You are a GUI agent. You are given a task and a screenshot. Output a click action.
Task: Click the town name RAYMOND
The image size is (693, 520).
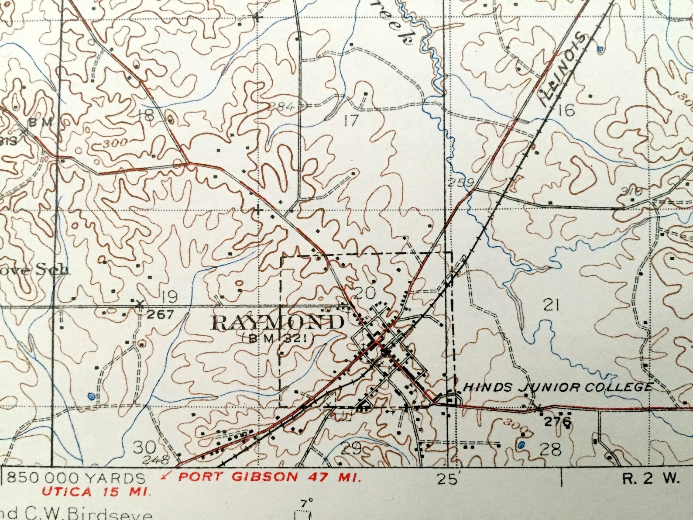coord(278,323)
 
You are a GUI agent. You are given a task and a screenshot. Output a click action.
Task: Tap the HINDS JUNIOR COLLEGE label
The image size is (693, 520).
coord(557,387)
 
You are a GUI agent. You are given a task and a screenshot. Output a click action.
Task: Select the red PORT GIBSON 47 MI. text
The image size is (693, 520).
coord(269,477)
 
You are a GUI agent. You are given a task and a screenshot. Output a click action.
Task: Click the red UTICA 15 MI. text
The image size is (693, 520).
coord(96,492)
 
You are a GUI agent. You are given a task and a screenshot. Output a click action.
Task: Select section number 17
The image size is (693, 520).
coord(350,120)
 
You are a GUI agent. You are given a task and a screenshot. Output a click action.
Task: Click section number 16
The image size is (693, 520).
coord(566,110)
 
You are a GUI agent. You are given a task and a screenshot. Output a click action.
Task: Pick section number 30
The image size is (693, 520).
coord(144,447)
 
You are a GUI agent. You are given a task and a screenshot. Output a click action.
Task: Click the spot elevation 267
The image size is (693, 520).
coord(160,314)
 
